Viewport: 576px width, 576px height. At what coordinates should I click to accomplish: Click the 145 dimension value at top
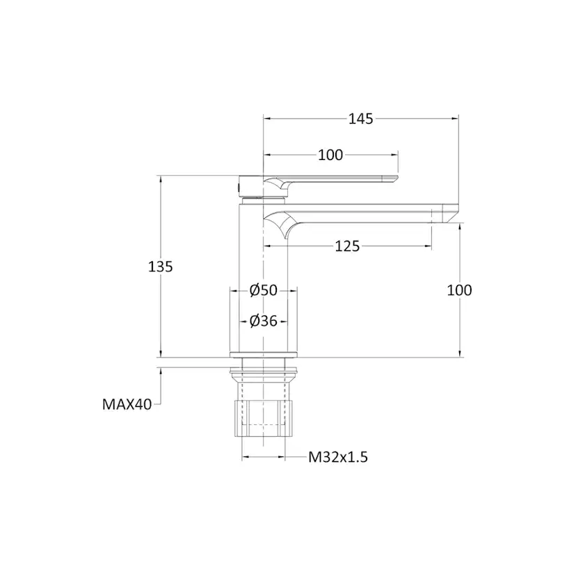point(360,119)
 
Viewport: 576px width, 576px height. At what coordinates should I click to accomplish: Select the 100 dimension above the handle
point(330,155)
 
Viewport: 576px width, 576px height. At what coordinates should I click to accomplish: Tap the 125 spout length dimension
point(347,246)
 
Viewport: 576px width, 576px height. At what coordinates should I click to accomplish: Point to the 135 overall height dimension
point(161,266)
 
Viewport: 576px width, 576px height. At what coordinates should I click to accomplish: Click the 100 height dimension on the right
point(459,290)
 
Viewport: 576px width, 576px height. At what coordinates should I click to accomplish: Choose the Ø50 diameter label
point(264,290)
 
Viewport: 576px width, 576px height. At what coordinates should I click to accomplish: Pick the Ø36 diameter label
point(264,321)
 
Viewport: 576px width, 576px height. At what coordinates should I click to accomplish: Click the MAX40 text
point(127,403)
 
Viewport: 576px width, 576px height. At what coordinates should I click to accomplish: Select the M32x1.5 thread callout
point(337,457)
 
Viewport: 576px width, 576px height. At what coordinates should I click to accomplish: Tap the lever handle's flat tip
point(390,179)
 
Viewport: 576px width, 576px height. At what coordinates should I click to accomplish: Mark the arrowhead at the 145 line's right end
point(457,119)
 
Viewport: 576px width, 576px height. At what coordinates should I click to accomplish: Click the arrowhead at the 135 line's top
point(161,178)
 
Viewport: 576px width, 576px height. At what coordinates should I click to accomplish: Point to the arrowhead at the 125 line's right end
point(429,246)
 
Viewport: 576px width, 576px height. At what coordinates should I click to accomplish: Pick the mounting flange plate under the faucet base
point(264,361)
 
